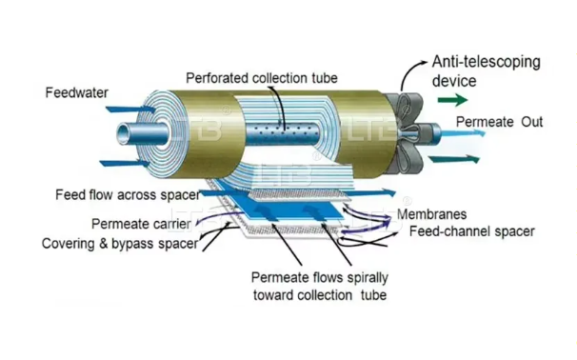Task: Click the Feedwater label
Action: [x=77, y=93]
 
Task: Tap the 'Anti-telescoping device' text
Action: [x=486, y=71]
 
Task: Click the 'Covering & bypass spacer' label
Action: [x=120, y=244]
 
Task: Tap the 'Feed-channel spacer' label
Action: [x=472, y=231]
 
